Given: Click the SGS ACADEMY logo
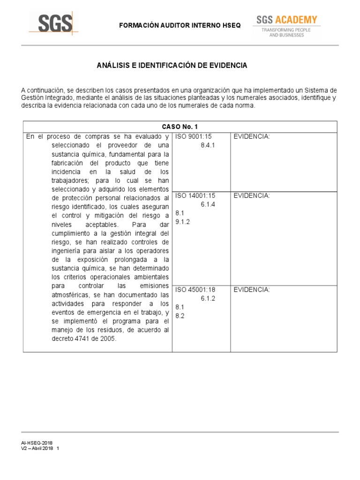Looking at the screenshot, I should (286, 20).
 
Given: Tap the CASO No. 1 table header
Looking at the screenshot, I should (180, 127).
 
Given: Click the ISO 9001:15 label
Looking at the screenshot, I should (193, 136).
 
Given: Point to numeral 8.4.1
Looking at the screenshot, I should (207, 145).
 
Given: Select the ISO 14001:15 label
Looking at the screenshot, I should (195, 195).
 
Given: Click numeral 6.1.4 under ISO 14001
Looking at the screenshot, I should (208, 204).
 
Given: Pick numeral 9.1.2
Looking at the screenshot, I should (182, 222).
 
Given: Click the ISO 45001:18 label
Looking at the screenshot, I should (195, 290).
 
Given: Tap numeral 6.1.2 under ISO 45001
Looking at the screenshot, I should (208, 298).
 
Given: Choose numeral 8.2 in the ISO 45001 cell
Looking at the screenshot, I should (180, 316).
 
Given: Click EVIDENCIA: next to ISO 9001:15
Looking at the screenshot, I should (252, 136).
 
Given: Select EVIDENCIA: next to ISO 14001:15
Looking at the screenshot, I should (252, 195).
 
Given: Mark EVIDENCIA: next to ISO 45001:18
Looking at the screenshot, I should (252, 290).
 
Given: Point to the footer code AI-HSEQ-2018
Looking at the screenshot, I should (37, 442).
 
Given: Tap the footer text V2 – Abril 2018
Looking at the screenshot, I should (37, 448).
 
